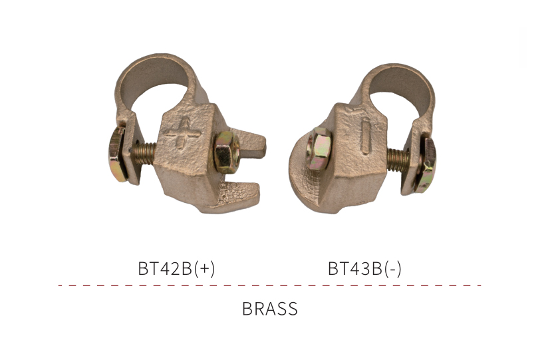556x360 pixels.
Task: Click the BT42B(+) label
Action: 176,268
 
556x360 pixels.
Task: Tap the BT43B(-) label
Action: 364,268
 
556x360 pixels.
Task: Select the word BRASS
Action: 270,309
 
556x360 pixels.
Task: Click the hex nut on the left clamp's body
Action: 227,152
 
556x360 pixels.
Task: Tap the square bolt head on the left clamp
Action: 118,154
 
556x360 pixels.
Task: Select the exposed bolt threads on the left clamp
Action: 144,153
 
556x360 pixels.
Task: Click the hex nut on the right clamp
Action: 319,148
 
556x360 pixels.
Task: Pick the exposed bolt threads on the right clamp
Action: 398,159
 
